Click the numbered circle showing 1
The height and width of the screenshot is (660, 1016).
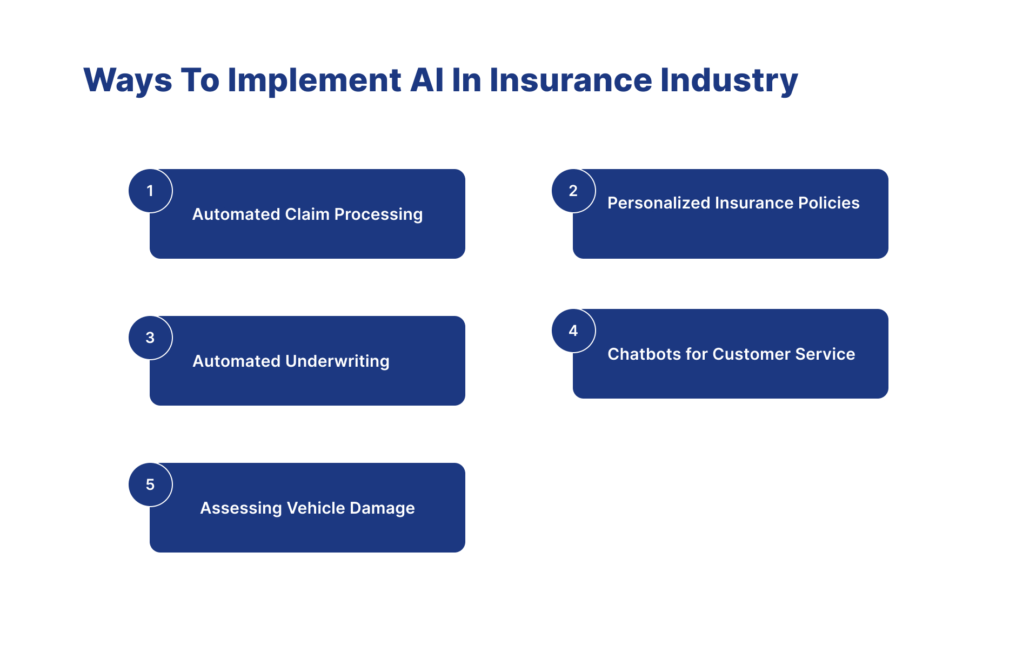click(150, 191)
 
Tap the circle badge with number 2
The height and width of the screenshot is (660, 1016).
click(573, 191)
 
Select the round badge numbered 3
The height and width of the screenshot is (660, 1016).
click(150, 338)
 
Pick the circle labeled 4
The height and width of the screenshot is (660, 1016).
click(573, 331)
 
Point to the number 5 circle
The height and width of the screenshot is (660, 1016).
click(150, 484)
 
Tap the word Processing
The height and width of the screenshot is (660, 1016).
click(378, 214)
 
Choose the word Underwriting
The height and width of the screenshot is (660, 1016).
click(337, 361)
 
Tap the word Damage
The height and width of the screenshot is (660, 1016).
click(382, 508)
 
